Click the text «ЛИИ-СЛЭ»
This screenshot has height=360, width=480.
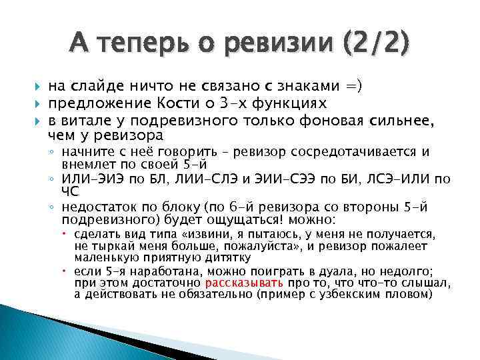point(199,179)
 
